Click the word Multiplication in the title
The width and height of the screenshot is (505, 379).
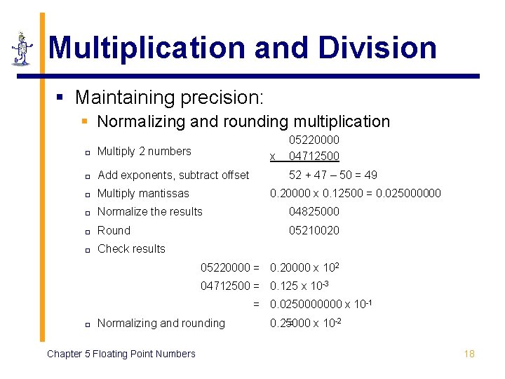point(147,48)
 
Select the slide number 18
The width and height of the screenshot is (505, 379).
point(469,354)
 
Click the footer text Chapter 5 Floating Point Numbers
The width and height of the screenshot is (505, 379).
point(121,354)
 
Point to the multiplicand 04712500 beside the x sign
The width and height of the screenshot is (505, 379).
point(314,156)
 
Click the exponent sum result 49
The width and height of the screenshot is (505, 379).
point(370,175)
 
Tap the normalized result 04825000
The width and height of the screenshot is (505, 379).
point(314,211)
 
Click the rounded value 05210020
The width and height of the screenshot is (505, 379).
point(314,230)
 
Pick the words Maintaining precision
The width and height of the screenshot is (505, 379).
point(169,97)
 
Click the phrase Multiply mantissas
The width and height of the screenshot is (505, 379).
point(143,193)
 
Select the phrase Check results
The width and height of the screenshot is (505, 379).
point(131,248)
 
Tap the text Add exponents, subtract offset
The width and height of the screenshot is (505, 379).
point(173,175)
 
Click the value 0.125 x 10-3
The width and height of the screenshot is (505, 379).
point(300,286)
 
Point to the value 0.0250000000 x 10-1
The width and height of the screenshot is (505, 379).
point(321,304)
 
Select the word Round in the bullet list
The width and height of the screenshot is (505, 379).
point(114,230)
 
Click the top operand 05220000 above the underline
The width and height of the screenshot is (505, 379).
point(314,141)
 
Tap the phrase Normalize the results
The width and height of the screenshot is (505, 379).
point(149,211)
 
